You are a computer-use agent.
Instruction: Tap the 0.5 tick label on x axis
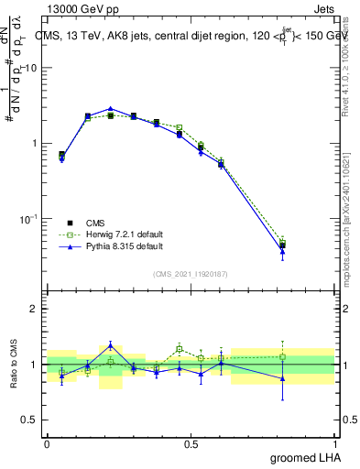coord(191,443)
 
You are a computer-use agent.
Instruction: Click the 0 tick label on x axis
coord(47,443)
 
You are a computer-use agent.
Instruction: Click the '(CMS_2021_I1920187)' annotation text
coord(191,274)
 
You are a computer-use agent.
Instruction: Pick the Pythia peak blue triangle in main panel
coord(110,108)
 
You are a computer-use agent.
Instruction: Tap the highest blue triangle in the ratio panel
coord(110,344)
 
